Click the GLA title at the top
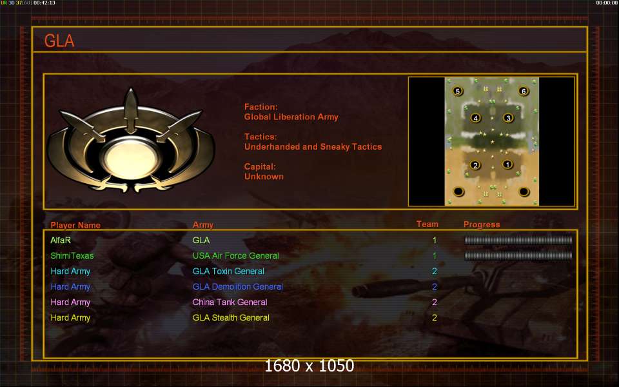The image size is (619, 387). [59, 41]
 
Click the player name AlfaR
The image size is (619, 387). [61, 241]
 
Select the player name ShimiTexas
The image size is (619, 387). [72, 256]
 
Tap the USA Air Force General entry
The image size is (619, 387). [235, 256]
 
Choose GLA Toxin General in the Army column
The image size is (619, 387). [228, 272]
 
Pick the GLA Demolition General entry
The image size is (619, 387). [237, 287]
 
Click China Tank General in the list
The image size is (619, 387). [230, 303]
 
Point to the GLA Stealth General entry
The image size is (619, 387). [231, 318]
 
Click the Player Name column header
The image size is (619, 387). [75, 225]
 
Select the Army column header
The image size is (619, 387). [203, 225]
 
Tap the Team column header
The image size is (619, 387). [427, 224]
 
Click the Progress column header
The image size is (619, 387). [482, 224]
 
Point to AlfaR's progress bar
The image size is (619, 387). [518, 241]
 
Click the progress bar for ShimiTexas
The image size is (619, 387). [518, 256]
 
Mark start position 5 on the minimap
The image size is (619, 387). [458, 92]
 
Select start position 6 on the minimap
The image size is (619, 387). [524, 92]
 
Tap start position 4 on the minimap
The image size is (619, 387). [475, 118]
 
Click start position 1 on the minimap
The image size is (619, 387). [507, 164]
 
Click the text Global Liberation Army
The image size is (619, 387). [291, 117]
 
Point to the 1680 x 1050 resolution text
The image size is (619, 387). [309, 366]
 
